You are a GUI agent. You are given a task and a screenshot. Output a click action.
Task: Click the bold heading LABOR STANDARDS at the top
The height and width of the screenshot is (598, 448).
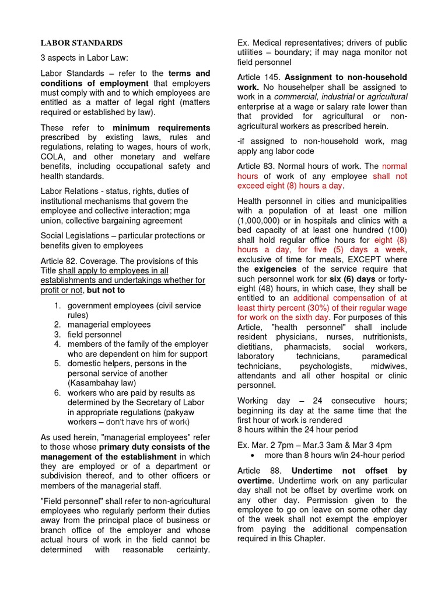click(81, 43)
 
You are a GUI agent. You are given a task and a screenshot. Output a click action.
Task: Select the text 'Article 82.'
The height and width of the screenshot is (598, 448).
click(60, 261)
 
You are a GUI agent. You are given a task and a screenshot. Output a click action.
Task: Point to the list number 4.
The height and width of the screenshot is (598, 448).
click(58, 345)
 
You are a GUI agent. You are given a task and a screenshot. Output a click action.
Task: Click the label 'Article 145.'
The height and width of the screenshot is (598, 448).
click(258, 78)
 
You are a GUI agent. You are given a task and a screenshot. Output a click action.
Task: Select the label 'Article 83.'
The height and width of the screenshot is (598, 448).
click(257, 166)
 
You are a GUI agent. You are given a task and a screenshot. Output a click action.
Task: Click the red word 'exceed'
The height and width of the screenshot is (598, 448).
click(250, 186)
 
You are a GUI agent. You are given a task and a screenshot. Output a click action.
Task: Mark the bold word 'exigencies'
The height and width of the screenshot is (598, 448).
click(274, 270)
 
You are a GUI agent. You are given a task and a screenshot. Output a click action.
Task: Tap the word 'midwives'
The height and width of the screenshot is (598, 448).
click(389, 366)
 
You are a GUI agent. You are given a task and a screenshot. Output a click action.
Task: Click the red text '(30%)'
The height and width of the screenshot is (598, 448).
click(322, 308)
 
